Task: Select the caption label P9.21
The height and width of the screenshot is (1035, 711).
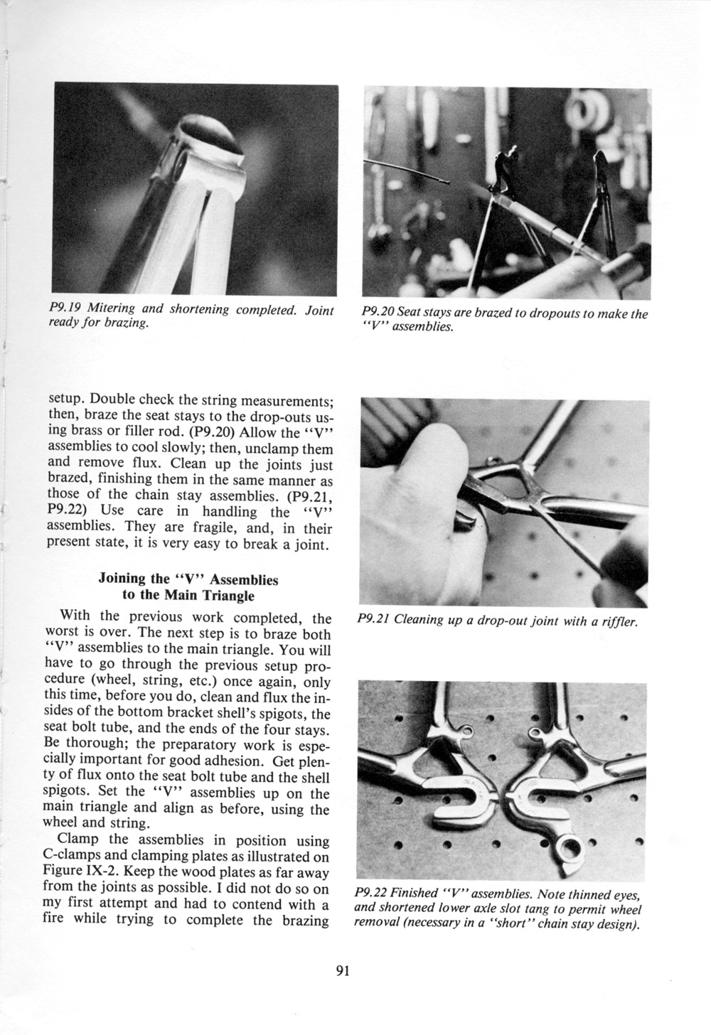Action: pos(371,620)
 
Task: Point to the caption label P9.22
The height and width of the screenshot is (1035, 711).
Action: pos(370,892)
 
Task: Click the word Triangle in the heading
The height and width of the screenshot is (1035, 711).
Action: pos(228,596)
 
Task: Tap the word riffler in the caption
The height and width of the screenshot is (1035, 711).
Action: pos(619,621)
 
